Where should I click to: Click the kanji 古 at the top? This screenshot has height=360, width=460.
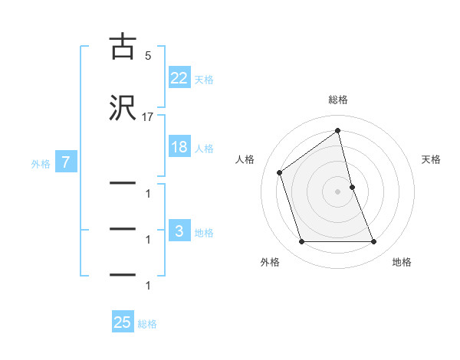123,47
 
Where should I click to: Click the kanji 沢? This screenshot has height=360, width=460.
123,109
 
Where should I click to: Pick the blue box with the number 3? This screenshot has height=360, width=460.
179,231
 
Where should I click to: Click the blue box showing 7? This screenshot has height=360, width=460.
66,162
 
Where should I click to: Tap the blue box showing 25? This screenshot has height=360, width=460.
123,322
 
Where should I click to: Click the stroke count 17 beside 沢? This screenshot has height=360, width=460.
148,117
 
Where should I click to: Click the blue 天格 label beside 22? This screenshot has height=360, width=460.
204,80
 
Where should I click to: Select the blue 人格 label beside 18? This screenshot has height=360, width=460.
204,149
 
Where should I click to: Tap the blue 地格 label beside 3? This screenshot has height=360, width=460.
204,233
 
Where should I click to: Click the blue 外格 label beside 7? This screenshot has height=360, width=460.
41,164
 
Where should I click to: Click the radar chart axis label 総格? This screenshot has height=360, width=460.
337,100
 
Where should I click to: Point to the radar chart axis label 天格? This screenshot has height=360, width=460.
432,159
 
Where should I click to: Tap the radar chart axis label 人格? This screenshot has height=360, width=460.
245,159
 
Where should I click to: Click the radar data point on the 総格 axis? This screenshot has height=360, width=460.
337,131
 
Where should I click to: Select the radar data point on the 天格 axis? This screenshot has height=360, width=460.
352,187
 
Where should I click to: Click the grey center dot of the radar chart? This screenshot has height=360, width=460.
337,191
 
